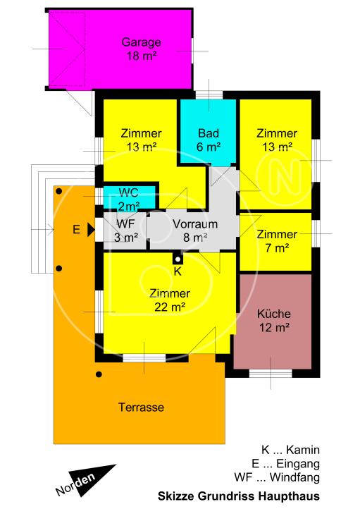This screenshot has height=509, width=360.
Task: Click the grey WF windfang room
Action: [125, 231]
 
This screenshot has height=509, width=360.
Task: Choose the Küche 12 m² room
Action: [274, 320]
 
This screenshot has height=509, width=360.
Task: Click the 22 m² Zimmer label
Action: [170, 300]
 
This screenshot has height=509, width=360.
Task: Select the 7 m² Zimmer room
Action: [276, 240]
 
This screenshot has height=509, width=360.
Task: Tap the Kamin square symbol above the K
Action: [178, 258]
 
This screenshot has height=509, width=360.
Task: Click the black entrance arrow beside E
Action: [90, 229]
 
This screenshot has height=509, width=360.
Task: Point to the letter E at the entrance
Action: [76, 229]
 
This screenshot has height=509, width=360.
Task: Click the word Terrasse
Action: [141, 407]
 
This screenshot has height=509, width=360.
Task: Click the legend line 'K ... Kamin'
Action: [291, 450]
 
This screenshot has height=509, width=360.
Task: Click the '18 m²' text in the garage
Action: [141, 55]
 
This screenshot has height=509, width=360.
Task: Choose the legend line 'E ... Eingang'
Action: [290, 463]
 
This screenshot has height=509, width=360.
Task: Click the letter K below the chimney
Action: [178, 271]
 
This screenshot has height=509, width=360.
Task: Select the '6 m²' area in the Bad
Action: [209, 147]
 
